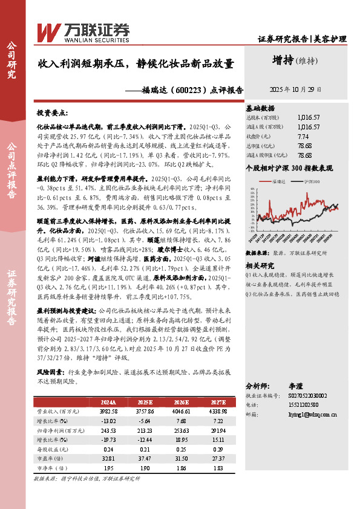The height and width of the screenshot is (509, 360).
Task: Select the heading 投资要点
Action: (x=52, y=113)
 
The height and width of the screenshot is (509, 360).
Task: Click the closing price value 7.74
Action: (x=304, y=136)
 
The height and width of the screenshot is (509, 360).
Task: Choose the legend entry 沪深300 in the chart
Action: (x=313, y=181)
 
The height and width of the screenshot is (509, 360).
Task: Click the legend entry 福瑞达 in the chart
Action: (x=280, y=181)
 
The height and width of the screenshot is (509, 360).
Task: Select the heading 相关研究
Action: (x=260, y=265)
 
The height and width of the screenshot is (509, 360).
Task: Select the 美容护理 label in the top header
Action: (x=330, y=39)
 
